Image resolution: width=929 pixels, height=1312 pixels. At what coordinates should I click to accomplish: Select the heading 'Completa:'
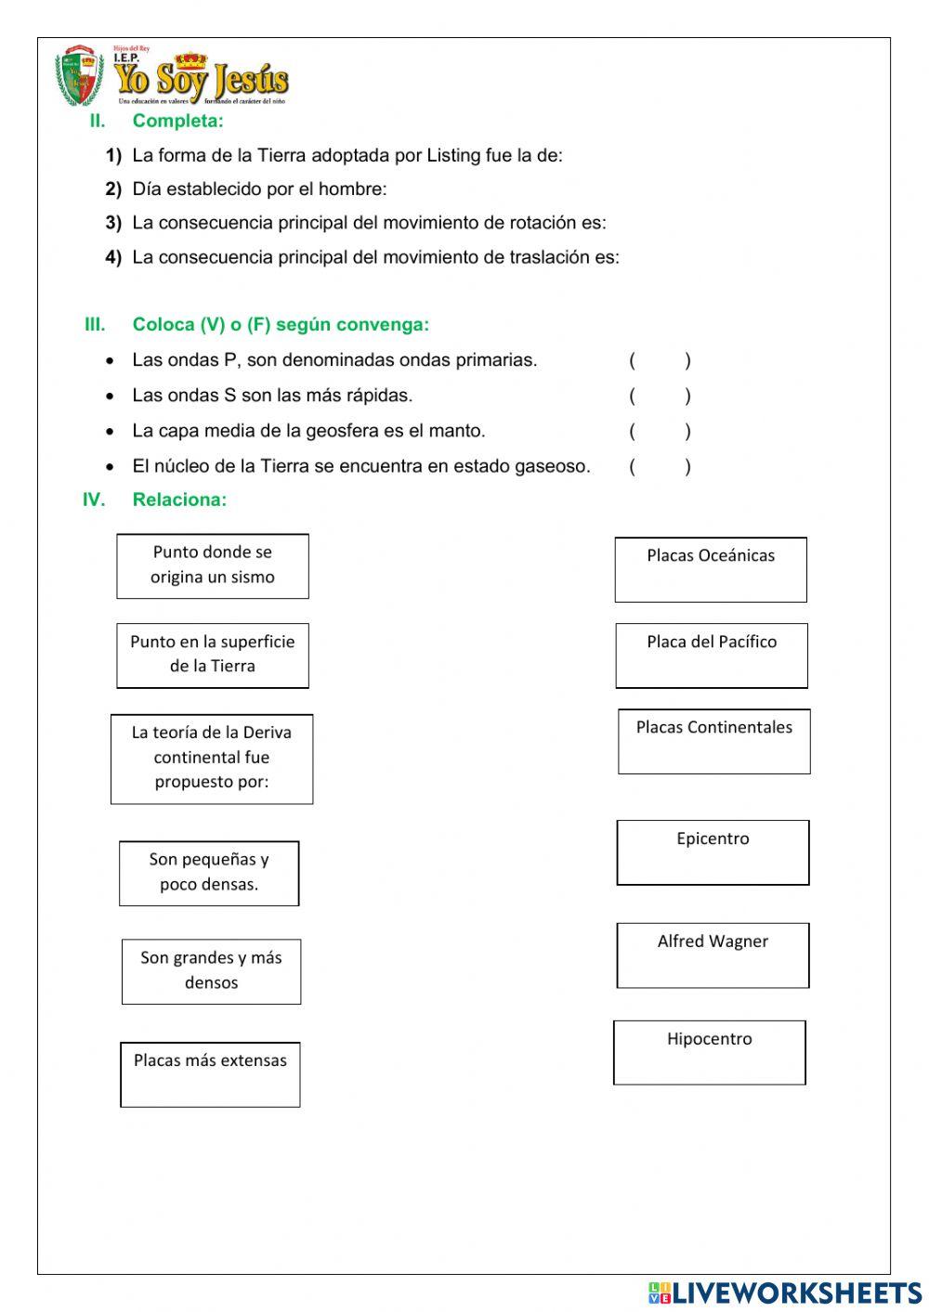click(177, 121)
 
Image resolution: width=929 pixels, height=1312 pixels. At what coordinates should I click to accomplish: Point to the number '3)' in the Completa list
click(113, 223)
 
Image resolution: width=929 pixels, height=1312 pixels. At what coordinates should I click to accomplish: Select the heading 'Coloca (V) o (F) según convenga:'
click(281, 325)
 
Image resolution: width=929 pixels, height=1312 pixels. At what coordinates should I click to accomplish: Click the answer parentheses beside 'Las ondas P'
click(660, 360)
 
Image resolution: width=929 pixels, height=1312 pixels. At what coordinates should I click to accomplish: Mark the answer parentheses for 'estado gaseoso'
click(660, 466)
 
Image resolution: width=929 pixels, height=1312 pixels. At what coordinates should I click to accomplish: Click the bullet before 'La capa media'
click(111, 432)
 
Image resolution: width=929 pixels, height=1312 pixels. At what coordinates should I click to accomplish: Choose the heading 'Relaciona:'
click(179, 500)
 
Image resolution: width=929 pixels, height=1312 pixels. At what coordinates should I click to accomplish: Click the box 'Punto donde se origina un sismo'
click(213, 565)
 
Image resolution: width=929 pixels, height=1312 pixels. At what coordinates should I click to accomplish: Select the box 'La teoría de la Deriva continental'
click(212, 759)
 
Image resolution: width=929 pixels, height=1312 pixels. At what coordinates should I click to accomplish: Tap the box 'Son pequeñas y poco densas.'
click(209, 873)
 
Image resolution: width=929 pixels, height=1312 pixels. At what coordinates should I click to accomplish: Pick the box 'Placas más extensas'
click(210, 1074)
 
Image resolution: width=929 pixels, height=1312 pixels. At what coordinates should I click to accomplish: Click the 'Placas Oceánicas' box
click(711, 569)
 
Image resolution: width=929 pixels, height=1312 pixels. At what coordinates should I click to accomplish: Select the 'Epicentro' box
click(713, 851)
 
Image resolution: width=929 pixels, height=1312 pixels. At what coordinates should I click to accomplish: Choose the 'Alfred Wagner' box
click(713, 955)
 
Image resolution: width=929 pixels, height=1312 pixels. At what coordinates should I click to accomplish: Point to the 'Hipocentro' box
click(709, 1052)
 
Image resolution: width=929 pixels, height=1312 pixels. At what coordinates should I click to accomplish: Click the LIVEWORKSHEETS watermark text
click(796, 1293)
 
